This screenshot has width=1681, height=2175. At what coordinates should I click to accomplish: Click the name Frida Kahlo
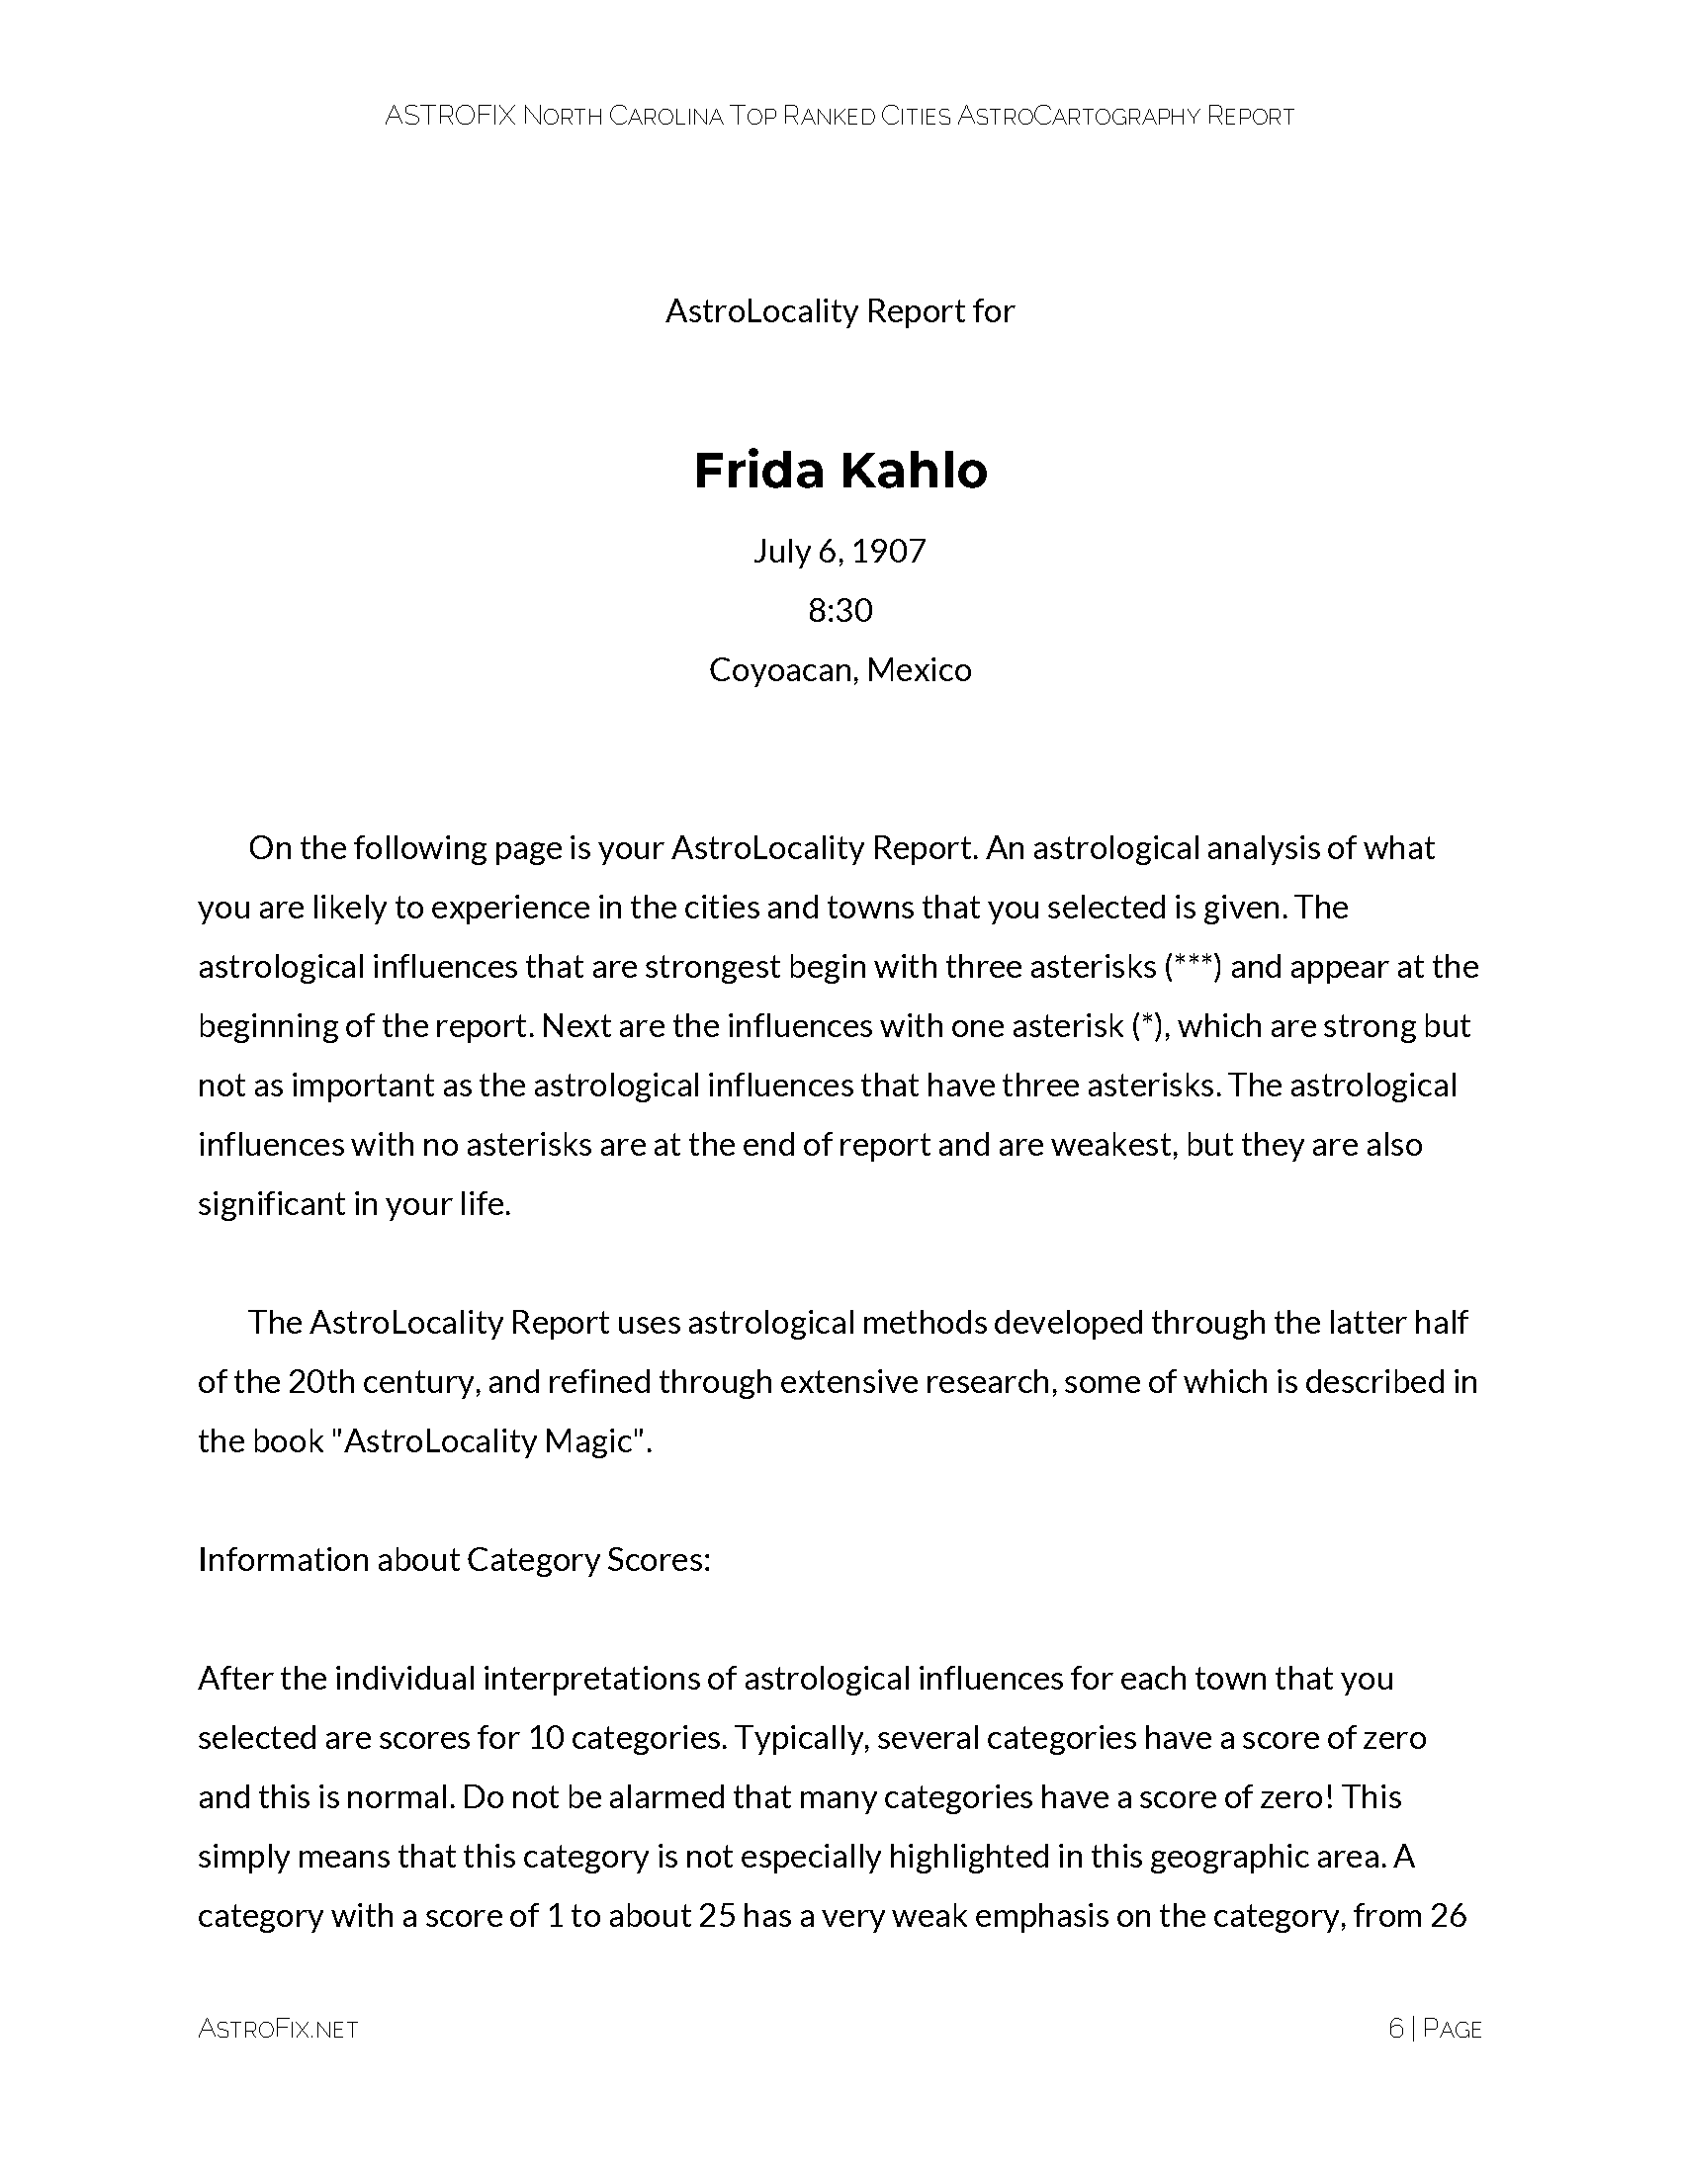[840, 471]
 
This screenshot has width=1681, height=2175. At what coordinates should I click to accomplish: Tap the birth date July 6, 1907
[840, 551]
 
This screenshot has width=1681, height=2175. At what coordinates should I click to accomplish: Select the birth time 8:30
[840, 609]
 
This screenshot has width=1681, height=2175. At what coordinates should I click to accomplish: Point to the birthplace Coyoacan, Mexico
[840, 669]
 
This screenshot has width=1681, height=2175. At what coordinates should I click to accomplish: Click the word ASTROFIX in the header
[450, 117]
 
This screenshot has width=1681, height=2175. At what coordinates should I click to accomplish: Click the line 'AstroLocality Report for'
[840, 311]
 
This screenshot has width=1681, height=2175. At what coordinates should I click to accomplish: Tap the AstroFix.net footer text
[278, 2029]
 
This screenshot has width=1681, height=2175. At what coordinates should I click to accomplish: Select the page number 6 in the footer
[1395, 2029]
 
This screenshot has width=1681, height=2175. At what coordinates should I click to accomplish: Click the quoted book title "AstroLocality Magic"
[487, 1441]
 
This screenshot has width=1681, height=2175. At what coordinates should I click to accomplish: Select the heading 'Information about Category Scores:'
[454, 1559]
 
